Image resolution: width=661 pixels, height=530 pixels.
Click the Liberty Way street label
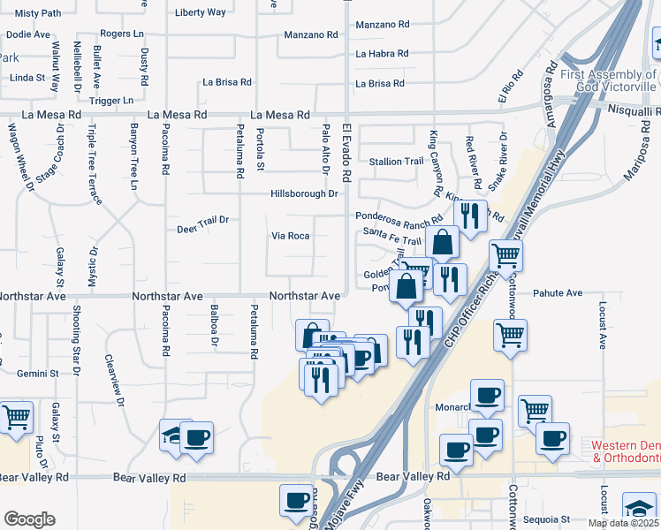point(201,12)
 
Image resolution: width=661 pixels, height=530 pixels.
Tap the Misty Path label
point(38,13)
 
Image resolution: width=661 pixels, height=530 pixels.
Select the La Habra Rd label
point(382,54)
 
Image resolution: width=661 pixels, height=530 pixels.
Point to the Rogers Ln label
point(122,34)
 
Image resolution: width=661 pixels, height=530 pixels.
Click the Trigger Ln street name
point(111,100)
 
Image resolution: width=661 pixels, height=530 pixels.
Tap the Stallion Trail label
point(397,162)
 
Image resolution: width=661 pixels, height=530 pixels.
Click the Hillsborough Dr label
point(305,193)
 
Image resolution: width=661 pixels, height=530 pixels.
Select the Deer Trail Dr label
point(202,219)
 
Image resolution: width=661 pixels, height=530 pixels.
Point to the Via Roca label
point(290,236)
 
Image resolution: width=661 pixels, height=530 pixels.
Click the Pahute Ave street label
point(558,292)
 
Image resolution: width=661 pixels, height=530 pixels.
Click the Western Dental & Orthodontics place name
point(627,451)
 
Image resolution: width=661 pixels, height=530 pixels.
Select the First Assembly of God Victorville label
point(610,80)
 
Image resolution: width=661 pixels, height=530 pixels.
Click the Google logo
point(29,519)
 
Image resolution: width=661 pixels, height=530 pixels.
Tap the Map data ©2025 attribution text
point(622,523)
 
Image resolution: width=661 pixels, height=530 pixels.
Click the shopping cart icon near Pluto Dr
point(15,417)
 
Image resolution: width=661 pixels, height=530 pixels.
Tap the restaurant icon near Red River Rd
point(470,216)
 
